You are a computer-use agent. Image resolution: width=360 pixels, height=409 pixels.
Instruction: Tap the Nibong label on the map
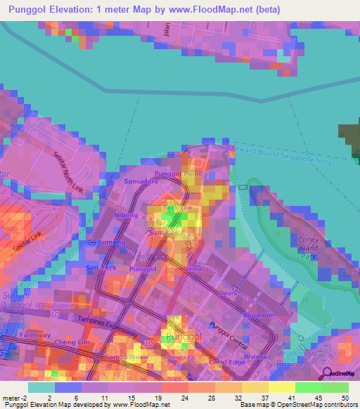(x=126, y=215)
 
